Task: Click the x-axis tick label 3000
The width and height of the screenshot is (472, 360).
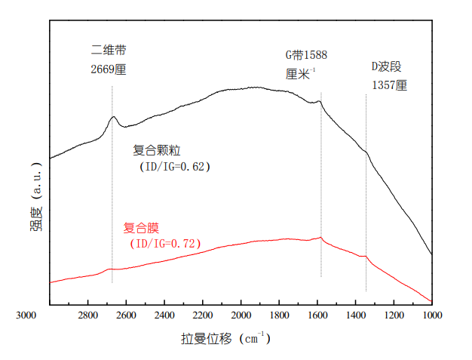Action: coord(26,315)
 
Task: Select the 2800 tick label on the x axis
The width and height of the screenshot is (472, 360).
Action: coord(87,315)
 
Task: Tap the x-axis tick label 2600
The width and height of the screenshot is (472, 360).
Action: coord(126,315)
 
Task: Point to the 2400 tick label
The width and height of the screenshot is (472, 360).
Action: coord(164,315)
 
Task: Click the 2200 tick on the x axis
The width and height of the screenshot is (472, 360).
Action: coord(203,315)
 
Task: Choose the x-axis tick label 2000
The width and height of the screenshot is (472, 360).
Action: coord(241,315)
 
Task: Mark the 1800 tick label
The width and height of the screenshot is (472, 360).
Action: coord(279,315)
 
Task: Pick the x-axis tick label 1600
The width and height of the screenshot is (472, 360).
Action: coord(317,315)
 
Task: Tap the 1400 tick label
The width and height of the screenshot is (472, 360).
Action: coord(356,315)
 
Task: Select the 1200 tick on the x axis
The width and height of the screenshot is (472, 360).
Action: coord(394,315)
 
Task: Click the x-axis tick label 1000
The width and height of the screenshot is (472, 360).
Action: coord(432,315)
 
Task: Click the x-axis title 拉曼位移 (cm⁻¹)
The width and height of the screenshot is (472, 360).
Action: coord(225,339)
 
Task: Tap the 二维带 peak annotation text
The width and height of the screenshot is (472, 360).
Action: coord(108,51)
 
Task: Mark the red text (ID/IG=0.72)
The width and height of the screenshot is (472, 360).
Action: coord(162,243)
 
